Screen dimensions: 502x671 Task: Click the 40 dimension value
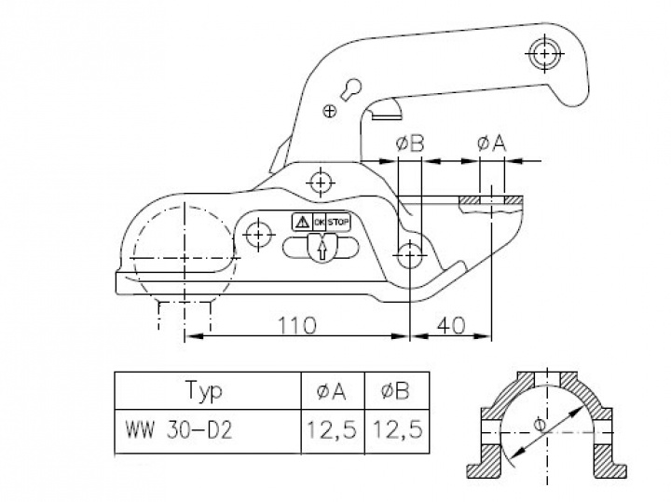tap(452, 325)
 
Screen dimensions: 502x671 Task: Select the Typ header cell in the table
tap(204, 391)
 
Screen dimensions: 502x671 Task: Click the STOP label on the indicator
tap(339, 222)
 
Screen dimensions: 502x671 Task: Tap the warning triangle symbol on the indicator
tap(301, 222)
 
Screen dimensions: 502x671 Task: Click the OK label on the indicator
tap(319, 222)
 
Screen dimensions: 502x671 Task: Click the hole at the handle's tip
tap(543, 53)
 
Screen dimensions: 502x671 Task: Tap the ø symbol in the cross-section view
tap(541, 425)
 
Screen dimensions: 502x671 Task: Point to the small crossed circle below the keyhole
tap(328, 112)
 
